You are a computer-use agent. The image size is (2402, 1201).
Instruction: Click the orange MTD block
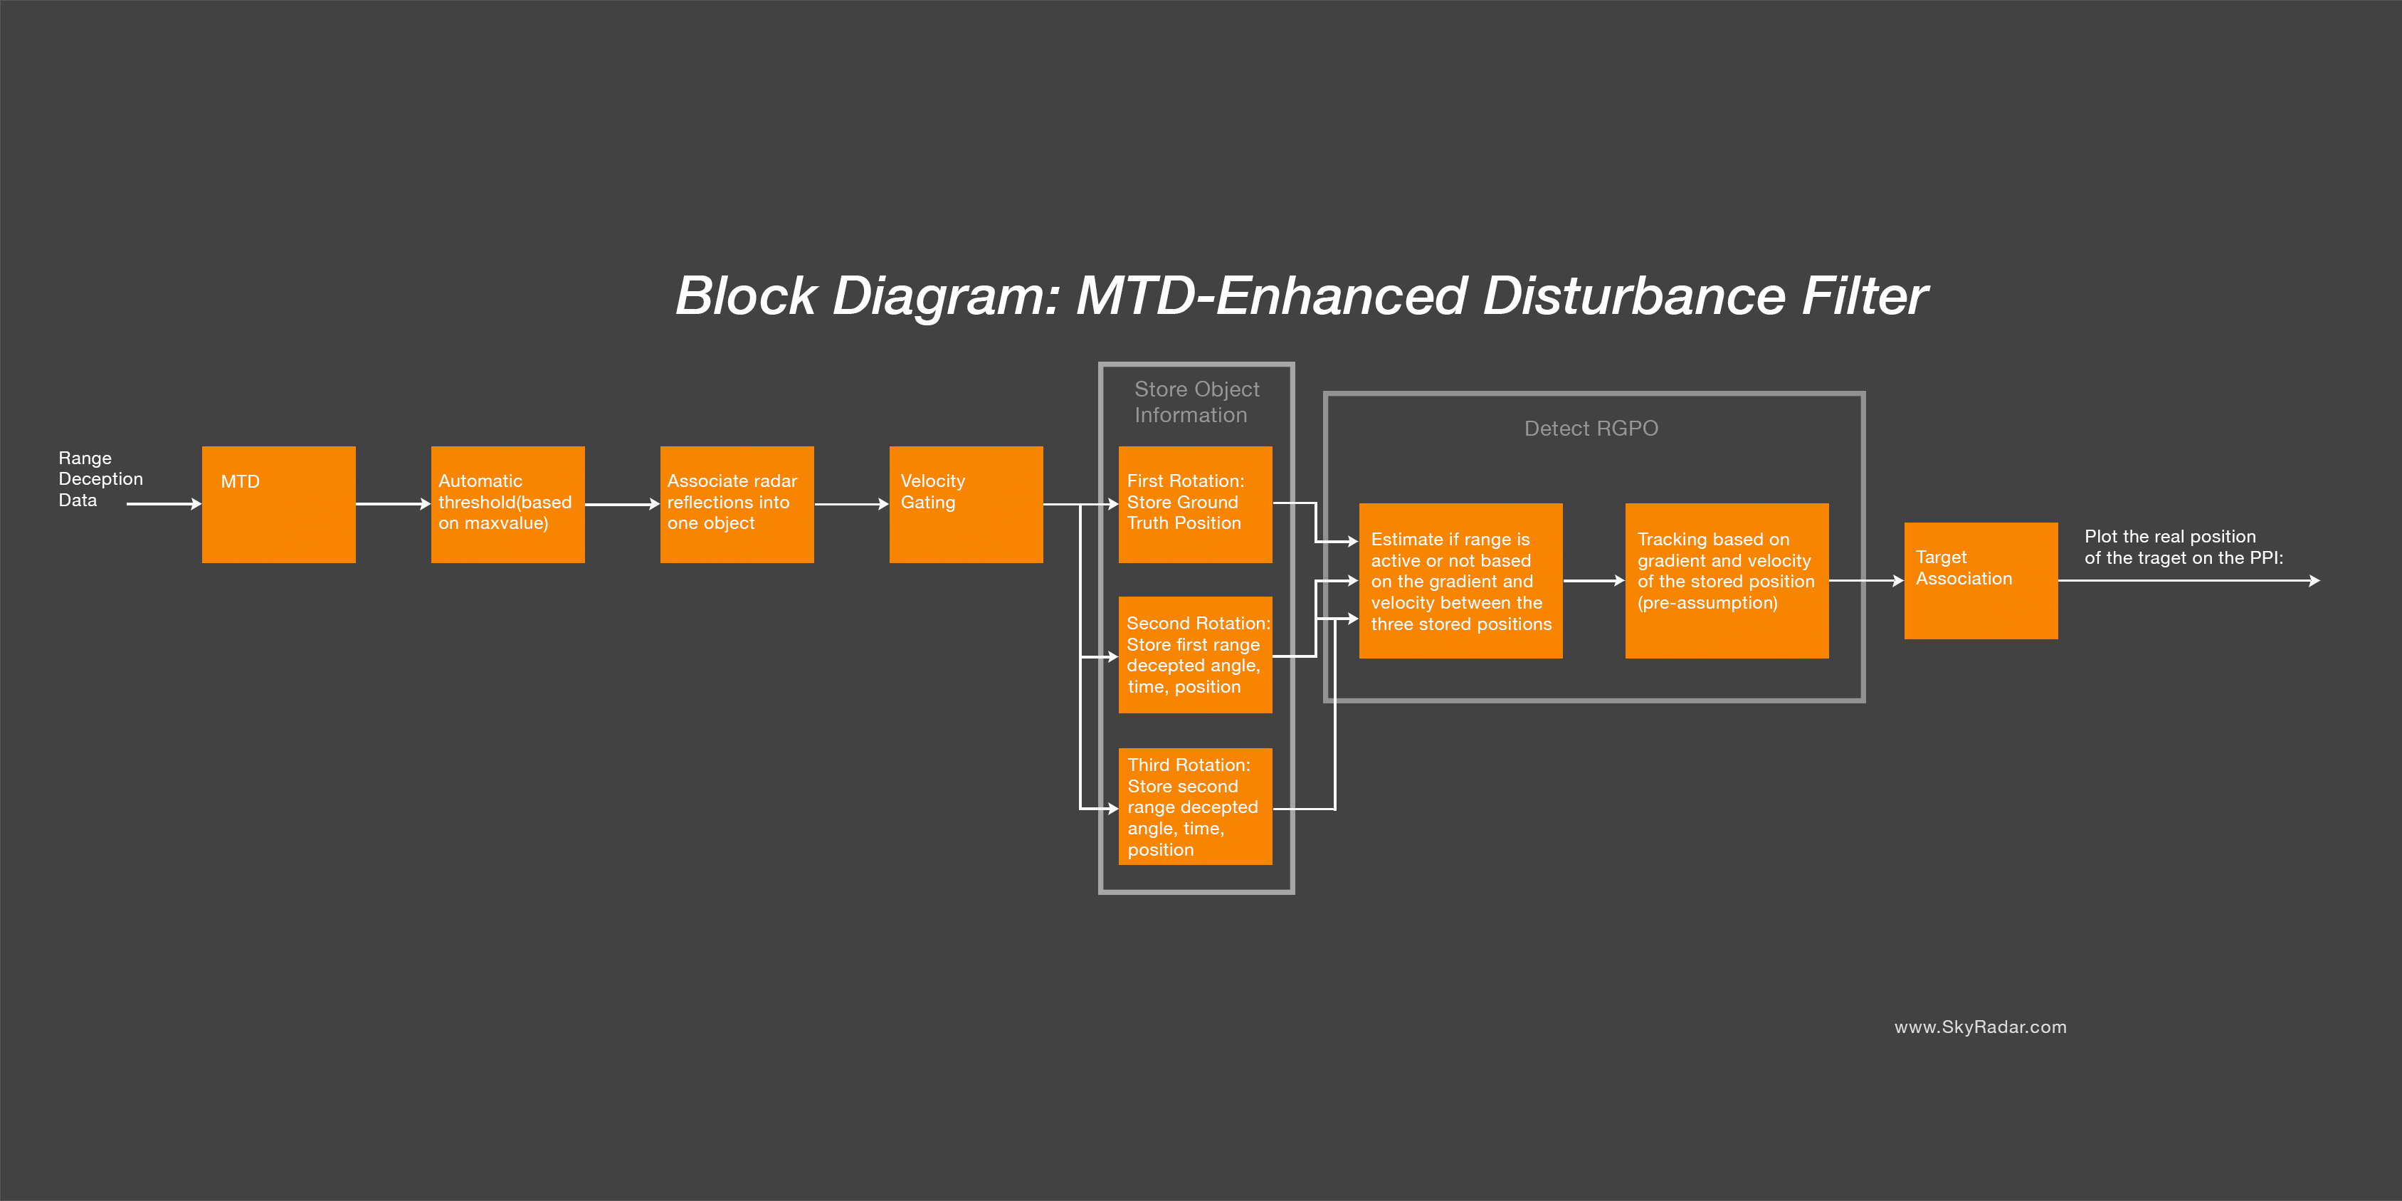(x=279, y=505)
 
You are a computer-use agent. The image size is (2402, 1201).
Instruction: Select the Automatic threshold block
(x=508, y=505)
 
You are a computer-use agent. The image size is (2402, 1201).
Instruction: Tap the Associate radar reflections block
(x=737, y=505)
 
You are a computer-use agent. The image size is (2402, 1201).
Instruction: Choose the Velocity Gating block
(x=966, y=505)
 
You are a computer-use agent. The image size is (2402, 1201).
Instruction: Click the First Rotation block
(x=1196, y=505)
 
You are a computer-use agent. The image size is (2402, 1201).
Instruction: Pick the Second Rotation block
(x=1196, y=654)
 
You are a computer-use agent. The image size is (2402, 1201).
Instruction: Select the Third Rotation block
(x=1196, y=807)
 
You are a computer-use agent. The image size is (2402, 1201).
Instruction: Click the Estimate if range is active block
(x=1461, y=581)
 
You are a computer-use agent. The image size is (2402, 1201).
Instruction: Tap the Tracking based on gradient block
(x=1727, y=581)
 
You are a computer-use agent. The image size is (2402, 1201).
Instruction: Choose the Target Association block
(x=1981, y=581)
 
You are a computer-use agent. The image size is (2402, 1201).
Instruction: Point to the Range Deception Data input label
(x=100, y=479)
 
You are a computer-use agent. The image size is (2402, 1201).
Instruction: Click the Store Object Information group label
(x=1196, y=402)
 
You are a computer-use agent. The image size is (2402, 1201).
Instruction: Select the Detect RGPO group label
(x=1591, y=429)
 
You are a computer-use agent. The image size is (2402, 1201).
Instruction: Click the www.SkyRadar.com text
(x=1981, y=1027)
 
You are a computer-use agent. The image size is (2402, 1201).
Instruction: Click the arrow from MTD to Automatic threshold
(x=394, y=505)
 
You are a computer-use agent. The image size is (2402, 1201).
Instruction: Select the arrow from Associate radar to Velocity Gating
(x=851, y=505)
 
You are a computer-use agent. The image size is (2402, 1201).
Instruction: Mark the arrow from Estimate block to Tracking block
(x=1594, y=581)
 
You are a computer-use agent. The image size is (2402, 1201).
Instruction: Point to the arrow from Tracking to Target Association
(x=1866, y=581)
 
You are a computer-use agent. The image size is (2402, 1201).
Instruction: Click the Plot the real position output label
(x=2184, y=547)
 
